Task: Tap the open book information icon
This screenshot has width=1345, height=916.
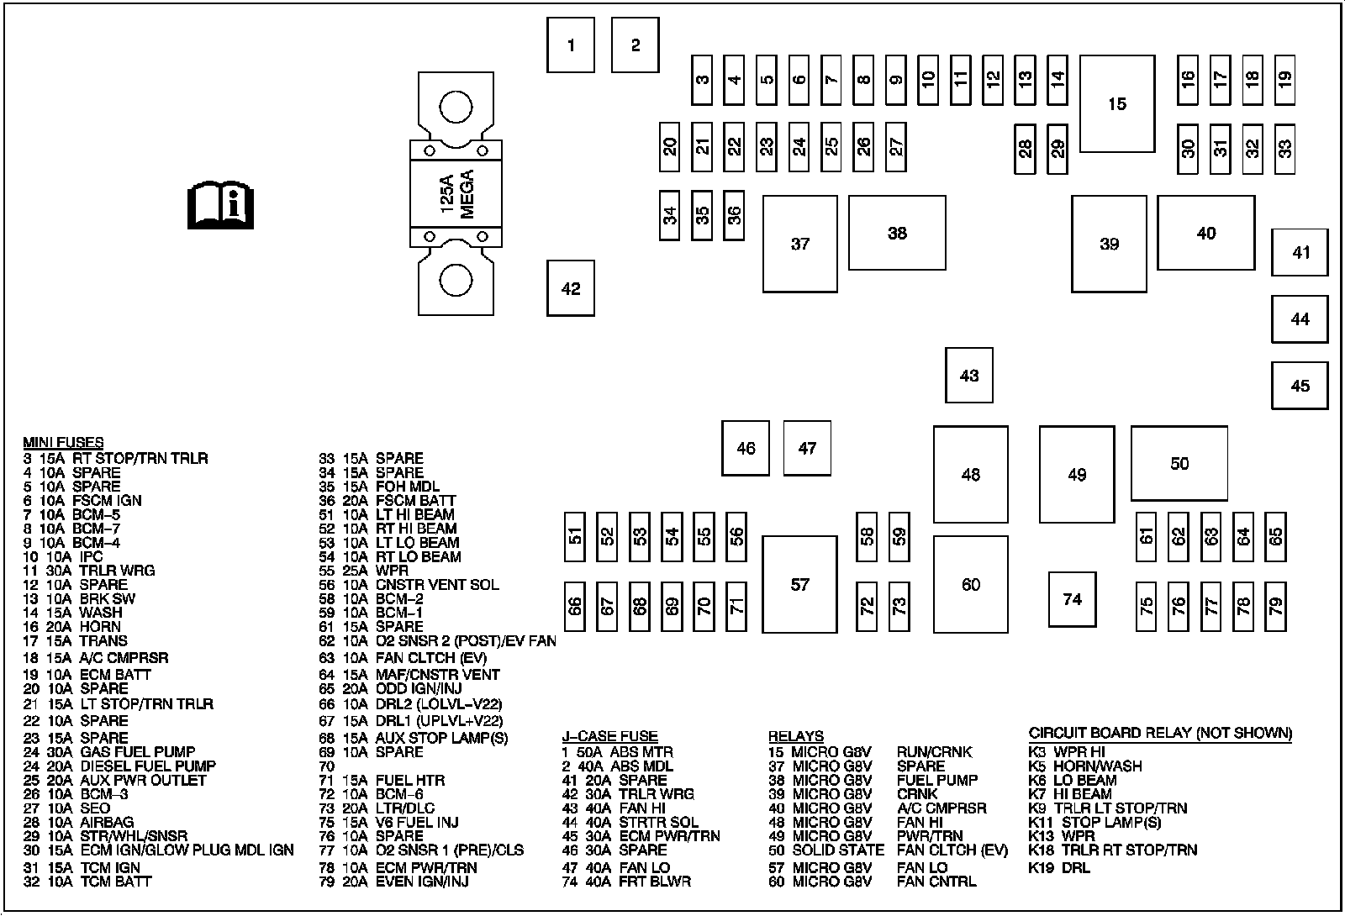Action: (x=220, y=204)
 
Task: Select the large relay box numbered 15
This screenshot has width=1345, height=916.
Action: (x=1116, y=104)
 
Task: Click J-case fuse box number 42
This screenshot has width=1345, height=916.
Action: (x=571, y=288)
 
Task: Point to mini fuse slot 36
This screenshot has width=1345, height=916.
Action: (x=734, y=215)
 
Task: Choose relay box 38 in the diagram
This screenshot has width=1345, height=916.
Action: (x=897, y=233)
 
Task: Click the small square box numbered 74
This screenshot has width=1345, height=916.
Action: (x=1072, y=599)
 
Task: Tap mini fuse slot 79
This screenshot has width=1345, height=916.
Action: (x=1276, y=606)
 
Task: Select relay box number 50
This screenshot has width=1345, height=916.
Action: (x=1179, y=463)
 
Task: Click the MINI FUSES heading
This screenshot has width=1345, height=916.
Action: (x=63, y=443)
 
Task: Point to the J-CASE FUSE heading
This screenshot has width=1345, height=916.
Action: (x=609, y=737)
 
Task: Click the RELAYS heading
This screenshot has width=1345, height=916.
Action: (x=795, y=737)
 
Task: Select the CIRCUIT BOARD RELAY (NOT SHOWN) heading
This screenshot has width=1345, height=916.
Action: (x=1160, y=733)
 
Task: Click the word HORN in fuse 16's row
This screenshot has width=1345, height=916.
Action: (x=100, y=627)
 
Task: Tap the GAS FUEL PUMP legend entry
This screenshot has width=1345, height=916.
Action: (x=137, y=752)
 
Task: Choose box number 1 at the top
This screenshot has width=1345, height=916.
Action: (x=571, y=45)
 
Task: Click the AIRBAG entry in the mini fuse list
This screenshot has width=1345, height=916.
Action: (x=107, y=823)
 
